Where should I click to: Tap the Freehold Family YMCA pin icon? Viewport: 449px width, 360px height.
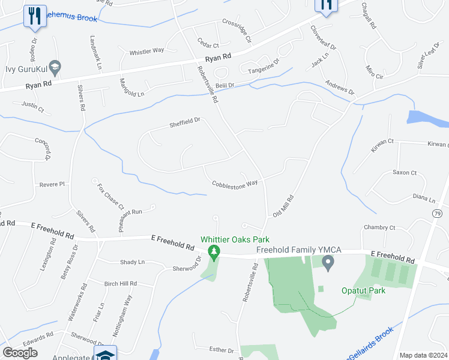coord(328,262)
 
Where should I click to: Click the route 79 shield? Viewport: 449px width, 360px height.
coord(436,213)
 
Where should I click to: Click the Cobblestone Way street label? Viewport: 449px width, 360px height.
coord(235,184)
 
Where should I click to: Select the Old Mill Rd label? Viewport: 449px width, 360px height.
coord(283,205)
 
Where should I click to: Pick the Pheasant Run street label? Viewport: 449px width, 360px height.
coord(128,212)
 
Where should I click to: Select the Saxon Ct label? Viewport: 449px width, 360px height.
coord(405,173)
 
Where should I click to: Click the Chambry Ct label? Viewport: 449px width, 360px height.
coord(380,228)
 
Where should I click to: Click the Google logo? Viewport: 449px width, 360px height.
coord(20,353)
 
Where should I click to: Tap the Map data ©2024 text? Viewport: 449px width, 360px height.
coord(423,355)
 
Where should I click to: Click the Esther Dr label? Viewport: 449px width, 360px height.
coord(221,350)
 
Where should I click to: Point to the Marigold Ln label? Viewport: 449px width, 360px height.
coord(132,89)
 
